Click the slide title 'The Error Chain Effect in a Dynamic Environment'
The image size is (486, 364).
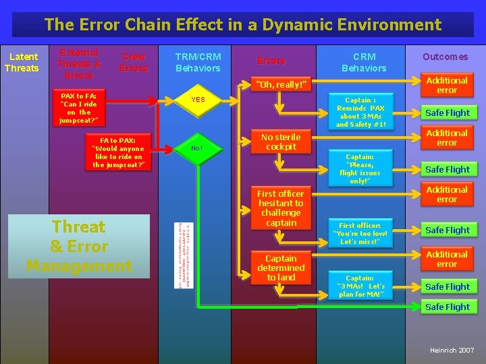243,25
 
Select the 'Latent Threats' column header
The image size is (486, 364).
22,62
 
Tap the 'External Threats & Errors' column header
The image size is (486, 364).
79,63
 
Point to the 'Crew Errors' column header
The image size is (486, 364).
134,62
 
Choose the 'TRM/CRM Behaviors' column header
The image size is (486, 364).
198,62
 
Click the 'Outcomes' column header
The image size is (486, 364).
445,57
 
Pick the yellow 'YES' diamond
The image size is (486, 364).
198,100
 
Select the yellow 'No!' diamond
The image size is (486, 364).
196,148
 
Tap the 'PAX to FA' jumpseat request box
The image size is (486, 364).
78,108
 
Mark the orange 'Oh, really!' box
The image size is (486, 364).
281,84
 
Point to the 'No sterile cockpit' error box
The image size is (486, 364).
281,142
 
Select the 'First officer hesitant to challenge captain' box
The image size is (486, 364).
281,208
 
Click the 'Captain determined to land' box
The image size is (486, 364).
281,268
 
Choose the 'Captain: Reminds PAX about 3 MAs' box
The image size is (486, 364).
360,112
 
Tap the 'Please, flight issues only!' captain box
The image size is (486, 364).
360,169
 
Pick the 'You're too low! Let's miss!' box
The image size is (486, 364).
360,233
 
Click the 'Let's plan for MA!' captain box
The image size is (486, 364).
360,286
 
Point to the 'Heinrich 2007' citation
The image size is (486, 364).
452,351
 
